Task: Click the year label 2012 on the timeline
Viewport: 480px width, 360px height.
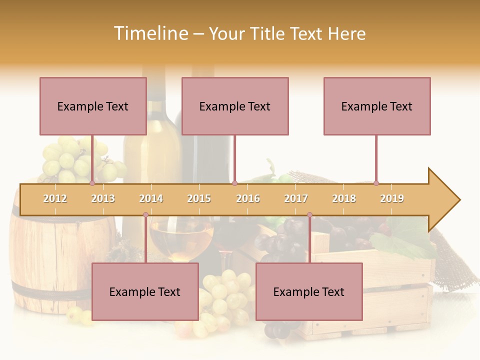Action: coord(55,198)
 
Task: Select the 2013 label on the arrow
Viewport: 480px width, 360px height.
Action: coord(103,198)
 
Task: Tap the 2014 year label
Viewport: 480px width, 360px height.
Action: coord(151,198)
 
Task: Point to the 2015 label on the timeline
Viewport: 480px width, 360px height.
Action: coord(199,198)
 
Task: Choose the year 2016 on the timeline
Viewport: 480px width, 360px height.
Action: coord(248,198)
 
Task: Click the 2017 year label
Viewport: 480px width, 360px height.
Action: coord(296,198)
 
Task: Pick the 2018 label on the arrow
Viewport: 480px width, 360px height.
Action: coord(344,198)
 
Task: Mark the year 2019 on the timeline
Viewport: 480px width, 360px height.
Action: coord(392,198)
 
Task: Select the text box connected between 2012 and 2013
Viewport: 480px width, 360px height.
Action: coord(93,106)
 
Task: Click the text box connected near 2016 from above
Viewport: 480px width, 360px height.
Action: coord(235,106)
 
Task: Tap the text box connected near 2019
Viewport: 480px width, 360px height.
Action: coord(377,106)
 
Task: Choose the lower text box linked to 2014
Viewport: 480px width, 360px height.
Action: coord(145,291)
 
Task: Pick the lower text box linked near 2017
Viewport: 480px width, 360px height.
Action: coord(309,291)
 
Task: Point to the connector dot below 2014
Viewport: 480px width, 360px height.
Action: coord(145,214)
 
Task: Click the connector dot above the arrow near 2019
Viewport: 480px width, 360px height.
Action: coord(376,183)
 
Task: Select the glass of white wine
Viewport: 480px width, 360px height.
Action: coord(181,240)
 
